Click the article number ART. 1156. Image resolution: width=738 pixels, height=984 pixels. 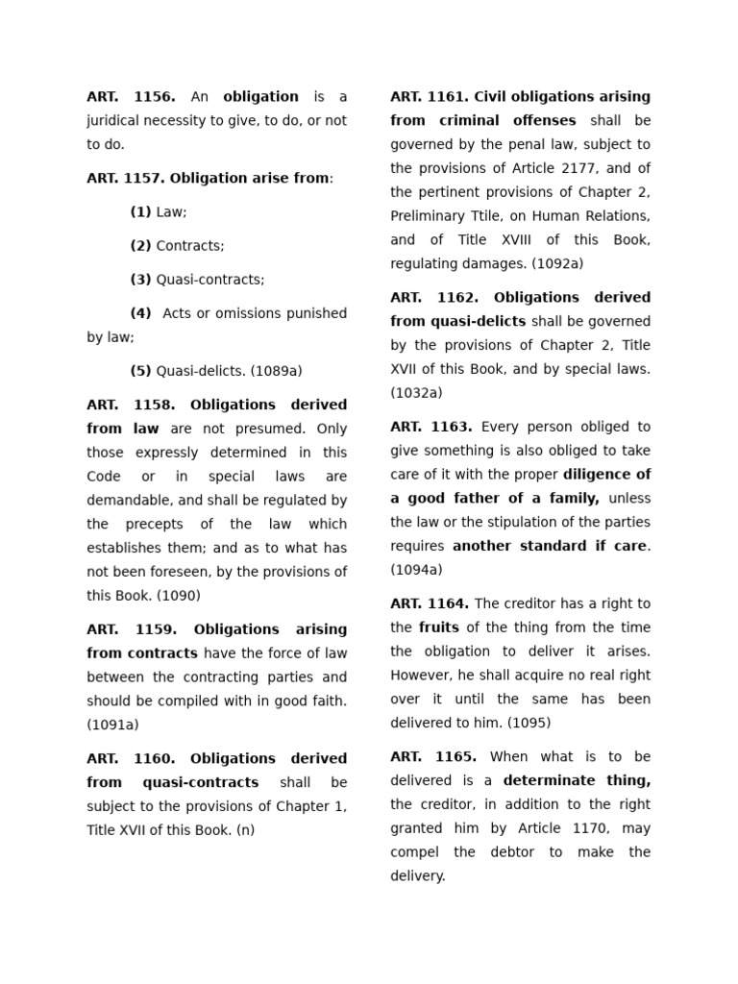(131, 97)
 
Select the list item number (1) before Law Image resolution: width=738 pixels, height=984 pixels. (140, 212)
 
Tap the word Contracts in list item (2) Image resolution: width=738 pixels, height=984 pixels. (190, 246)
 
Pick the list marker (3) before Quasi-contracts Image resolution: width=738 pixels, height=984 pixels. (140, 280)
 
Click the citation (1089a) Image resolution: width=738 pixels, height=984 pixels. (276, 371)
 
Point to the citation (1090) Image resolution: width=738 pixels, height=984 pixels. (179, 596)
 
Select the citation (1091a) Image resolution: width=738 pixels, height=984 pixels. (112, 726)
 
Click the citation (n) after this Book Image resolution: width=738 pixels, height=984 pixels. (245, 830)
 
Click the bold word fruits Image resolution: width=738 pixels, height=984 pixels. (438, 627)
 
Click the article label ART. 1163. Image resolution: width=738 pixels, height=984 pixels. (430, 427)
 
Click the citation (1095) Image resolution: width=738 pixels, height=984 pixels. (529, 723)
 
